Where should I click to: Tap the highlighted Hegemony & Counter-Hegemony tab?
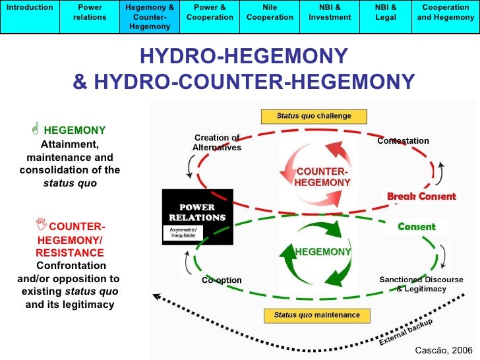coord(150,16)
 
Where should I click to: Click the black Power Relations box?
coord(197,216)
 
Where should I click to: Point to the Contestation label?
coord(403,140)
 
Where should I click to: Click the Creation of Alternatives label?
coord(217,142)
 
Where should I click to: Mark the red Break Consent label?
coord(421,196)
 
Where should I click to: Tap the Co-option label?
coord(222,280)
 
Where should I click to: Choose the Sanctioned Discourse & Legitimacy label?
coord(421,284)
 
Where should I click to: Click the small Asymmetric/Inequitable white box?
coord(183,233)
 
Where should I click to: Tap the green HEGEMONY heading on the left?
coord(75,130)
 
